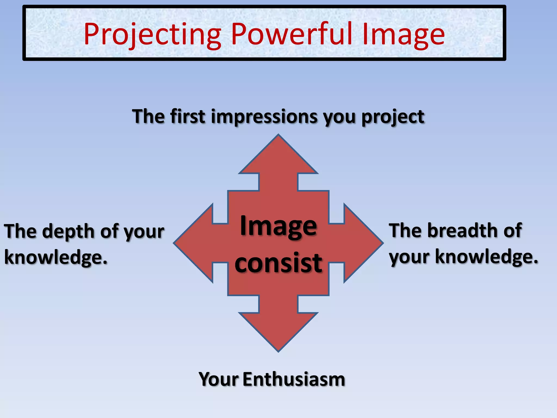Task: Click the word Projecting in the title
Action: pyautogui.click(x=152, y=35)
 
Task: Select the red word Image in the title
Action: pyautogui.click(x=403, y=35)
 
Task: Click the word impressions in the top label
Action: pyautogui.click(x=264, y=117)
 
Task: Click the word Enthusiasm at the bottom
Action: pyautogui.click(x=294, y=379)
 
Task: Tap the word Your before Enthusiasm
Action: pyautogui.click(x=219, y=379)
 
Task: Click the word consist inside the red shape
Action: pyautogui.click(x=278, y=263)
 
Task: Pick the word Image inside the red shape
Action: pyautogui.click(x=278, y=226)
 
